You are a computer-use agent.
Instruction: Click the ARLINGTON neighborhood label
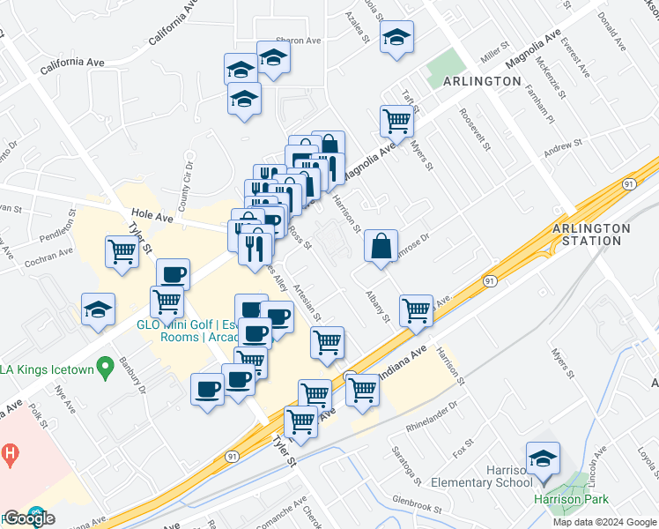tap(482, 81)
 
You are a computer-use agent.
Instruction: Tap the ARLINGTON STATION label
tap(591, 235)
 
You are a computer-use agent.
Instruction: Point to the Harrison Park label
tap(571, 500)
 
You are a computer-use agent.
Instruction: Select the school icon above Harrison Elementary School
tap(543, 458)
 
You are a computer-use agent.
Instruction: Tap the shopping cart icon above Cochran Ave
tap(122, 251)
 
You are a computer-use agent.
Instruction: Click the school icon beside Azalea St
tap(396, 38)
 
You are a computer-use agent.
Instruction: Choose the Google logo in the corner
tap(28, 518)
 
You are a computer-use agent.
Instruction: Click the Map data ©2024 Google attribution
tap(604, 522)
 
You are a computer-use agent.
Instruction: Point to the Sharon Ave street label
tap(296, 40)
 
